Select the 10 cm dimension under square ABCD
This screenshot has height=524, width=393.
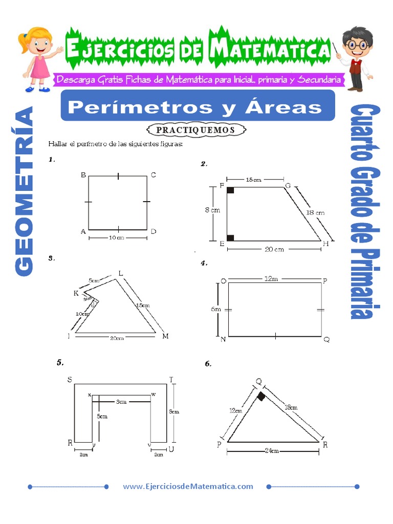117,238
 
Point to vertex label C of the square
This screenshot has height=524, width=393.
153,176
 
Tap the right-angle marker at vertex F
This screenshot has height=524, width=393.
230,191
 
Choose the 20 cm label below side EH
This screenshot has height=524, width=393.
274,249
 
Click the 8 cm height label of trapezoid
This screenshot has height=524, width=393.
212,210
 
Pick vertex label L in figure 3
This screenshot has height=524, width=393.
121,273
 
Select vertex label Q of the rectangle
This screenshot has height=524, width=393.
326,339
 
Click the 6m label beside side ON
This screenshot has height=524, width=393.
216,309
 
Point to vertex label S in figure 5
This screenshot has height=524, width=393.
69,379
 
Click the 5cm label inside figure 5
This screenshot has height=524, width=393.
103,417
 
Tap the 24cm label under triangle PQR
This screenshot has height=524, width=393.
272,451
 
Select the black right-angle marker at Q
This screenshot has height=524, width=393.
261,397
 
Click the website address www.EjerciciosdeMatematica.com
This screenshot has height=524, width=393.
188,487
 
